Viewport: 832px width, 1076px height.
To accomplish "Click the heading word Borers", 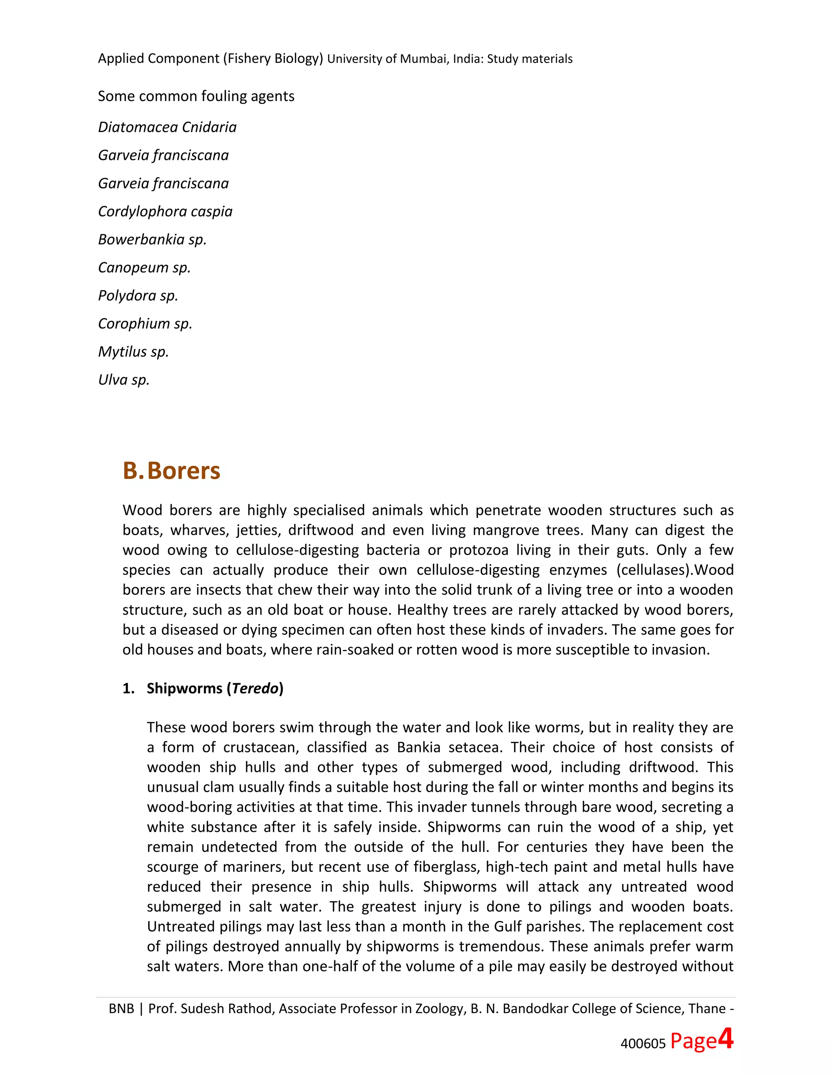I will coord(183,471).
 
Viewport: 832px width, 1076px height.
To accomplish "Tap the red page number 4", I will coord(726,1039).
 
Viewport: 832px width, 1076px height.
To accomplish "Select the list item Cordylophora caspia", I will coord(165,212).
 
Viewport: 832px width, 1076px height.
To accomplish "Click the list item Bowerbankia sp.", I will coord(152,240).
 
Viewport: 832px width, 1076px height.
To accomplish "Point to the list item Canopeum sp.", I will coord(144,268).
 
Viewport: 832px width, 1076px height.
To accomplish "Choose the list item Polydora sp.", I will coord(138,296).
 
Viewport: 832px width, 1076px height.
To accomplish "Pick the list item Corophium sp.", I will coord(145,324).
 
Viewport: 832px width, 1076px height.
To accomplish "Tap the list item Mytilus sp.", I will coord(133,352).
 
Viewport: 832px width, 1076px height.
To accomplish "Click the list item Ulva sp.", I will coord(124,380).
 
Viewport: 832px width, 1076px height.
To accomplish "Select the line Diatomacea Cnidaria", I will coord(167,127).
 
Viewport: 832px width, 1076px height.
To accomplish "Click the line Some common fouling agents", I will coord(196,96).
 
